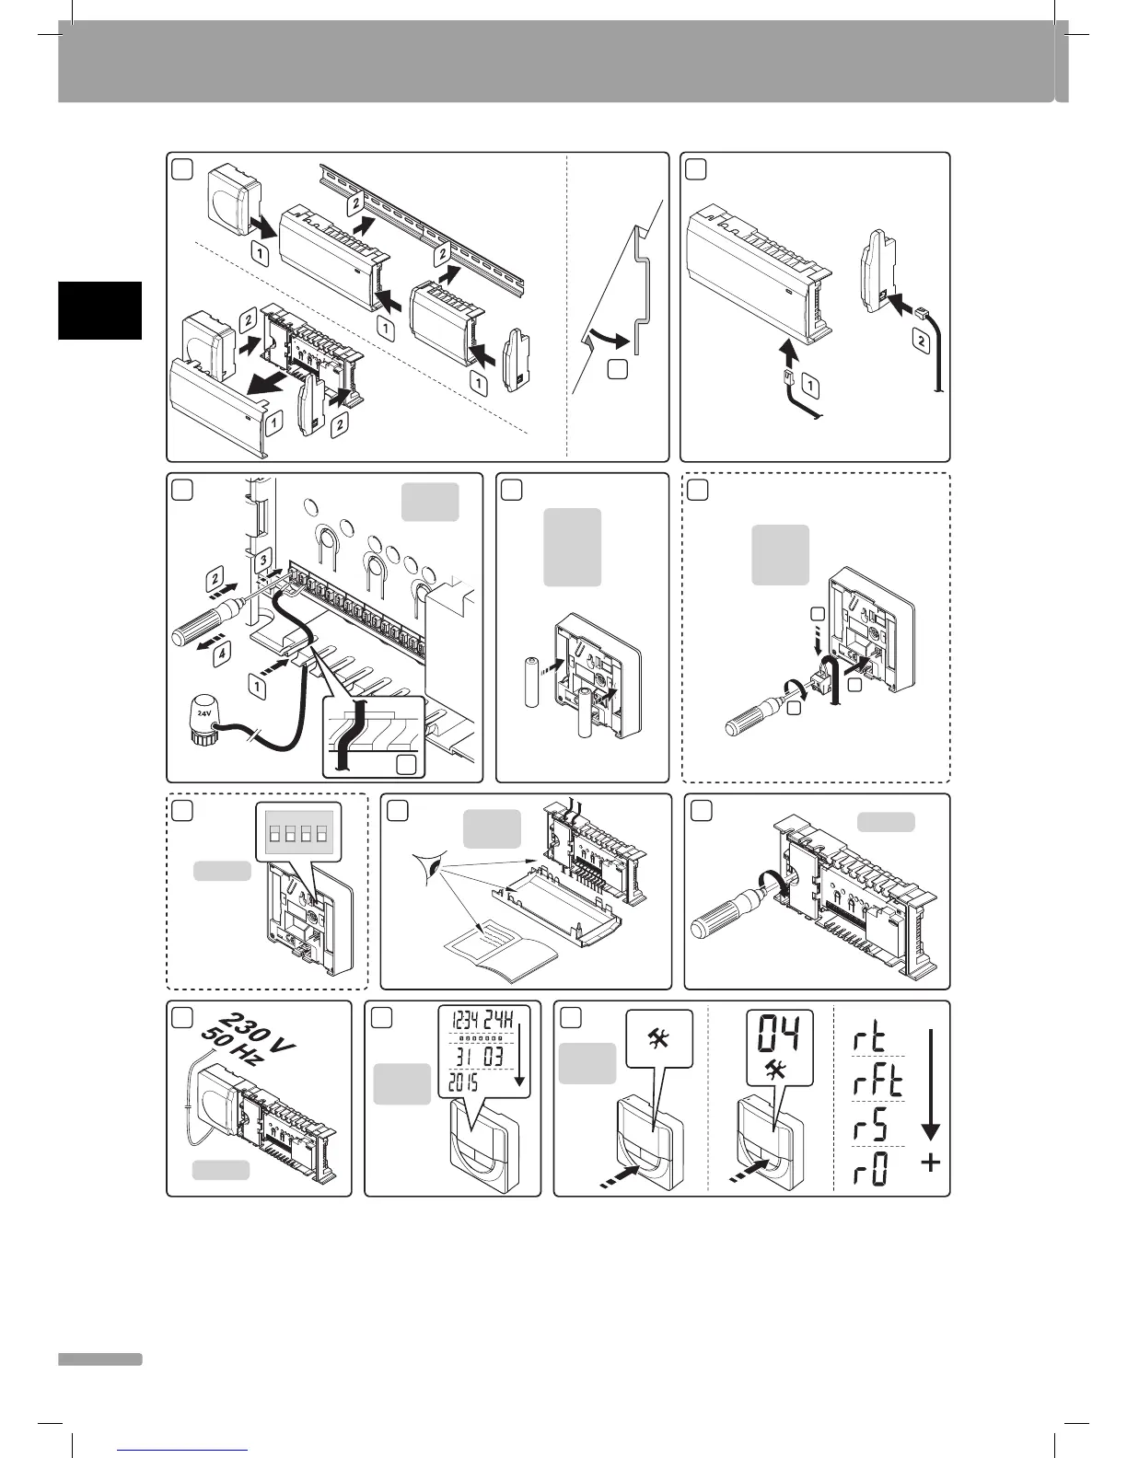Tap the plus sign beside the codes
coord(931,1164)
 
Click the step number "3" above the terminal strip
coord(262,559)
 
